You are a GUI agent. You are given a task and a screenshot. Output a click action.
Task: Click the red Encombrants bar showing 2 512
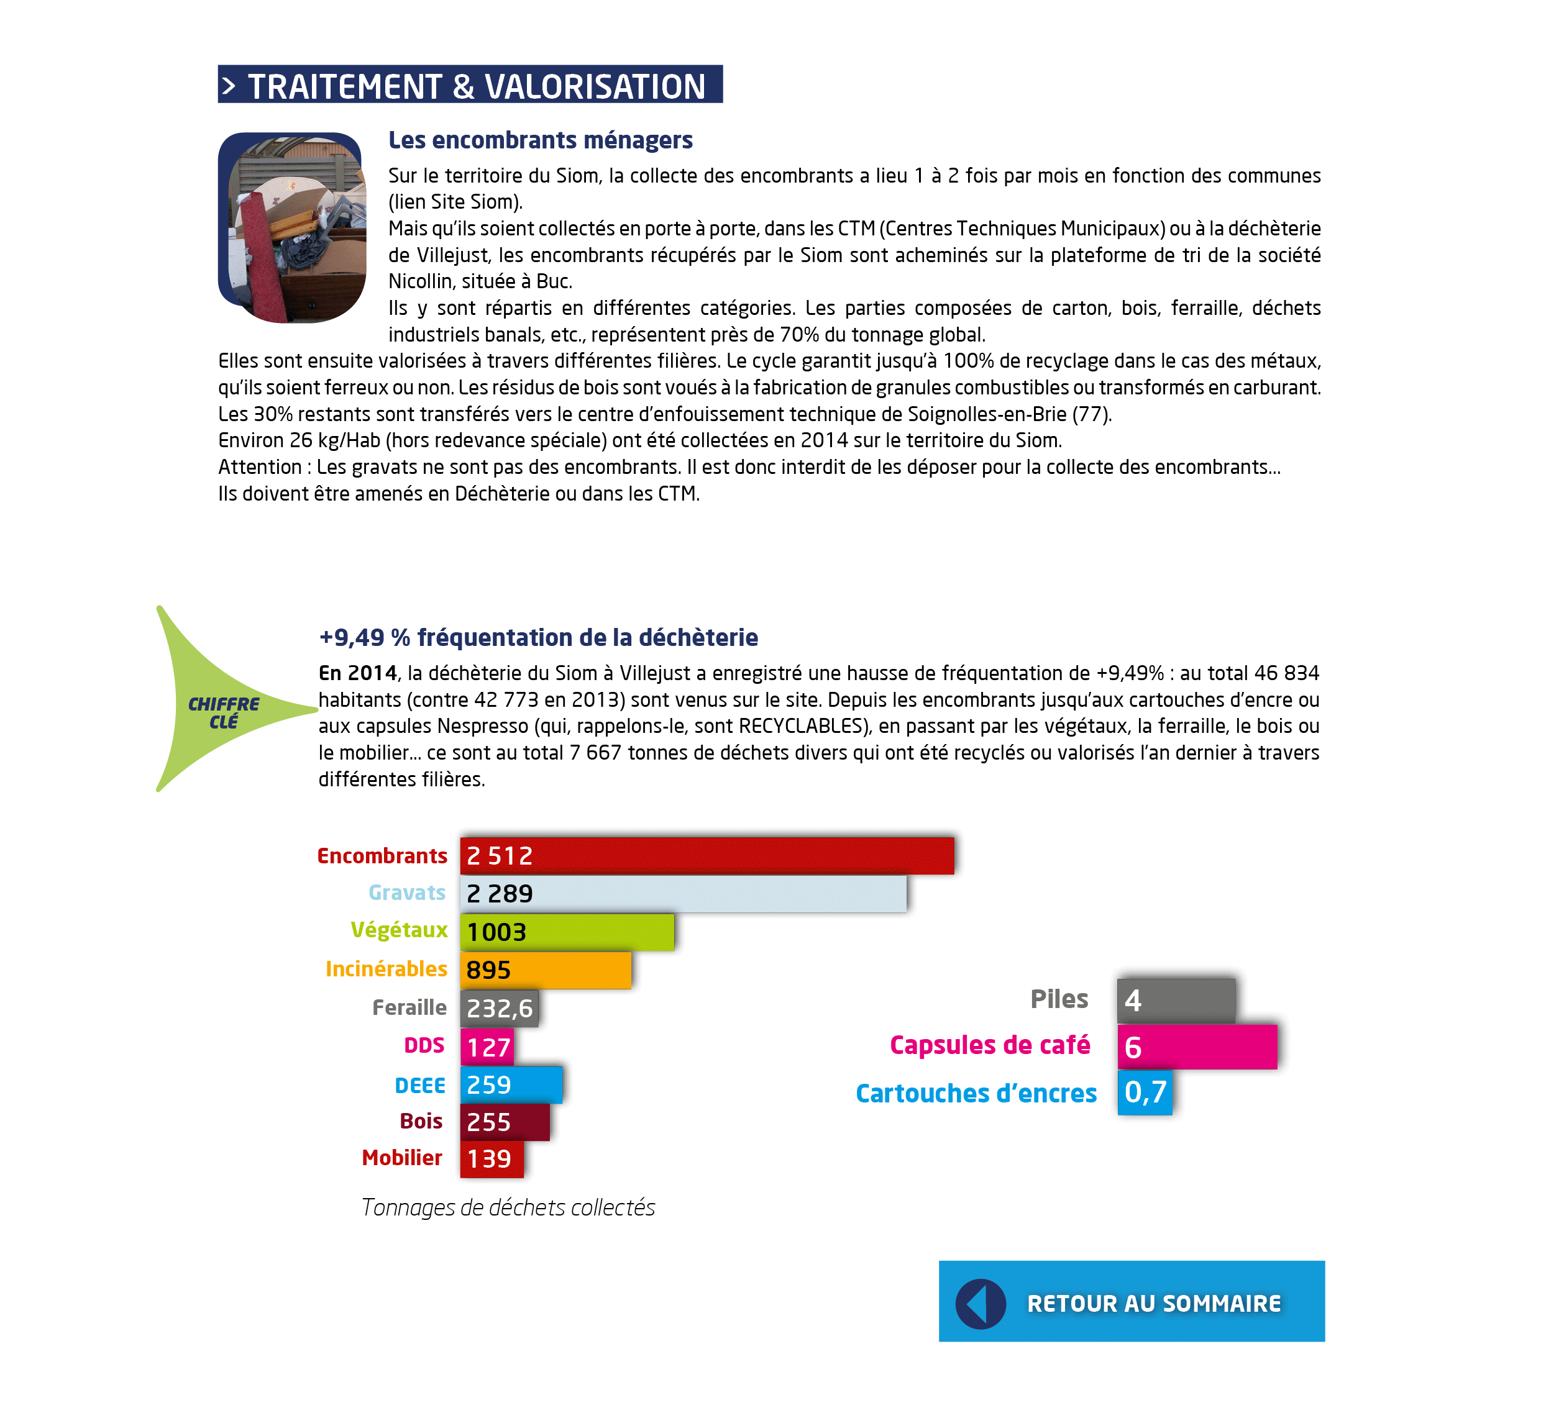click(x=706, y=856)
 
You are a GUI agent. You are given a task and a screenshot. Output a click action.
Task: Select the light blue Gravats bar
click(x=683, y=893)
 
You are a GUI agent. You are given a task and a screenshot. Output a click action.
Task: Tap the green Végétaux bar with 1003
click(x=567, y=931)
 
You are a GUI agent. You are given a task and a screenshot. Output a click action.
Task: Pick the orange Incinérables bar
click(x=546, y=970)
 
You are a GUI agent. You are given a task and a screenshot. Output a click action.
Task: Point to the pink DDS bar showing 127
click(x=487, y=1047)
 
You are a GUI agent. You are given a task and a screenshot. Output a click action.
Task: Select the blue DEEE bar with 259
click(x=511, y=1084)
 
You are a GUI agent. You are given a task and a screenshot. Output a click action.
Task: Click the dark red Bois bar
click(x=505, y=1122)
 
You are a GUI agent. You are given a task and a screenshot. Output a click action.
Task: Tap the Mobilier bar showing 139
click(x=492, y=1158)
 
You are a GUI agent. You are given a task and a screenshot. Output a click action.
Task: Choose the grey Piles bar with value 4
click(x=1176, y=1000)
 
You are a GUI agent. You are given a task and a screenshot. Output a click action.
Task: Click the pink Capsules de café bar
click(x=1197, y=1047)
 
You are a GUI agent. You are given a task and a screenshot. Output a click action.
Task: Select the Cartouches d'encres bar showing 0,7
click(x=1145, y=1092)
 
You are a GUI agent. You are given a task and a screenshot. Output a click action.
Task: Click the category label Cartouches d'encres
click(x=976, y=1093)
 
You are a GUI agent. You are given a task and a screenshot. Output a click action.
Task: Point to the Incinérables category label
click(x=386, y=969)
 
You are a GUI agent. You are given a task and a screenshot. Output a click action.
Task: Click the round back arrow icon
click(x=981, y=1304)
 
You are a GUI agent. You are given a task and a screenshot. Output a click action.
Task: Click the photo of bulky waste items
click(x=292, y=227)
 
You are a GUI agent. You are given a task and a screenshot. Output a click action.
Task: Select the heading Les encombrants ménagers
click(x=540, y=140)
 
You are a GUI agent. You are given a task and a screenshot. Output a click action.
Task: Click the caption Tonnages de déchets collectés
click(x=508, y=1207)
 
